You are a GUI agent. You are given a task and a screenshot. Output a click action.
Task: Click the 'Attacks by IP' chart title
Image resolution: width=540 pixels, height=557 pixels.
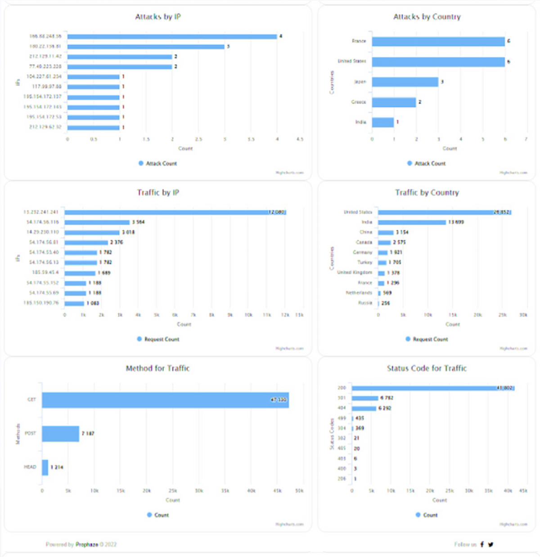[x=158, y=17]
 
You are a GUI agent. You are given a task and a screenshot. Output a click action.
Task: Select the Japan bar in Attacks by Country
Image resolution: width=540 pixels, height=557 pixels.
[x=405, y=82]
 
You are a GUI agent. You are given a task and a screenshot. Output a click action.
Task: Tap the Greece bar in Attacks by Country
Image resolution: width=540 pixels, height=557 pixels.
[x=394, y=102]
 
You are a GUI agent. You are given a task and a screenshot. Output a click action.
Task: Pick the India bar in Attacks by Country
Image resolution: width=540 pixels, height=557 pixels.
[x=382, y=122]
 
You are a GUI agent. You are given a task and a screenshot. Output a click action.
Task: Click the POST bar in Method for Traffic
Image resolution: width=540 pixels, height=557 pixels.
[x=60, y=434]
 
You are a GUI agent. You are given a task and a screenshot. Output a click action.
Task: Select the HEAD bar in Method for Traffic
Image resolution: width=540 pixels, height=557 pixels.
[x=45, y=467]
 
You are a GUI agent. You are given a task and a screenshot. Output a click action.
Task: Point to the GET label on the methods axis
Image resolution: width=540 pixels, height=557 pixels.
[x=31, y=400]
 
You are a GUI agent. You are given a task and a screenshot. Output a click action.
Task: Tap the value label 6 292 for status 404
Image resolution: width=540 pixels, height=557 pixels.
[x=385, y=408]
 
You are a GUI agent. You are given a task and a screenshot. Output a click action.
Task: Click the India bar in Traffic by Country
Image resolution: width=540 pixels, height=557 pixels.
[x=412, y=222]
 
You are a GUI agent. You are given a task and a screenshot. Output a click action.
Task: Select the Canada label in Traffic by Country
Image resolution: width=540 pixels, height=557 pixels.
[x=364, y=242]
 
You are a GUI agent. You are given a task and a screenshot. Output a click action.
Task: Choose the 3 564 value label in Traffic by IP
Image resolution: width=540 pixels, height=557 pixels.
[x=138, y=222]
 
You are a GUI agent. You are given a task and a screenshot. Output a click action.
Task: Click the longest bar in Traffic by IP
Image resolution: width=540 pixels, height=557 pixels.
[x=175, y=212]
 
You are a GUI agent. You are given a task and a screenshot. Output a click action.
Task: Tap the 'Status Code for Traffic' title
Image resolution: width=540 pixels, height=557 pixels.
[x=427, y=368]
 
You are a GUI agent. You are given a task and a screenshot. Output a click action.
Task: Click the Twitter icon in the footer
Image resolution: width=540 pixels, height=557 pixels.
[x=490, y=544]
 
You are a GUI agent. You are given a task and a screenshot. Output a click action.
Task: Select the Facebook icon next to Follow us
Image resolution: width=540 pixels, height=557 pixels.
[x=482, y=544]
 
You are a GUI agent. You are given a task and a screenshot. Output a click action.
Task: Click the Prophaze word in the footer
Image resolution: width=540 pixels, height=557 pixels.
[x=87, y=544]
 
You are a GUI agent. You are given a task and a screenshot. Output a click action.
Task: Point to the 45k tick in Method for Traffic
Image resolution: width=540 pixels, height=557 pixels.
[x=277, y=491]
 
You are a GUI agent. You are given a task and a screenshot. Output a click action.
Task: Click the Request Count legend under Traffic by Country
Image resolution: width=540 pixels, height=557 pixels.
[x=427, y=339]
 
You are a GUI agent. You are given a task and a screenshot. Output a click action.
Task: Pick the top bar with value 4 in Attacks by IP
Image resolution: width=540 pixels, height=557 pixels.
[x=172, y=36]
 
